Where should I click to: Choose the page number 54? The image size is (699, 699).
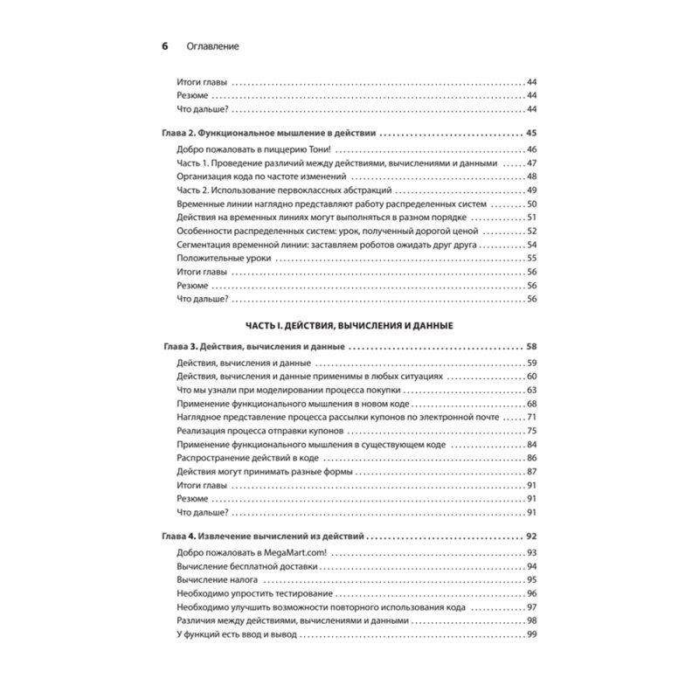coord(530,245)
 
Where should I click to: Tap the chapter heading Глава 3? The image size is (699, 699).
coord(253,346)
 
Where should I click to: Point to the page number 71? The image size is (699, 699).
coord(530,418)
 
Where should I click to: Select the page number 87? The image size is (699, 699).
coord(530,473)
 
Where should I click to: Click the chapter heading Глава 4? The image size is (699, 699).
coord(265,535)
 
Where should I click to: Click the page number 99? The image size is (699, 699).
coord(530,634)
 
